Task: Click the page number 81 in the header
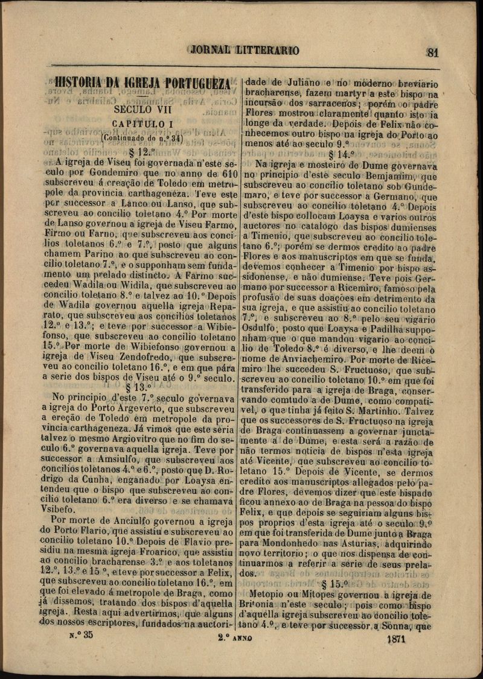point(432,52)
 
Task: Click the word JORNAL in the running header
point(211,51)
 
